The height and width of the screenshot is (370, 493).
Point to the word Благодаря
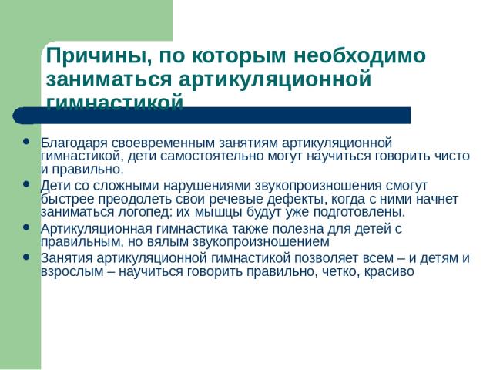(x=74, y=143)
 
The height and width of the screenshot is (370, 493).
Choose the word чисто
(x=452, y=156)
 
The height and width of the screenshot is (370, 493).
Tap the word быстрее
(x=67, y=199)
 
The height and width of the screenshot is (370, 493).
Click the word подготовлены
(x=360, y=213)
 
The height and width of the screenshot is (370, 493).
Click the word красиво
(x=389, y=271)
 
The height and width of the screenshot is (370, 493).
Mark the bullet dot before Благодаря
(x=26, y=141)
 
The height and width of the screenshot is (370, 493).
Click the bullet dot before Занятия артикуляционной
(x=26, y=257)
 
